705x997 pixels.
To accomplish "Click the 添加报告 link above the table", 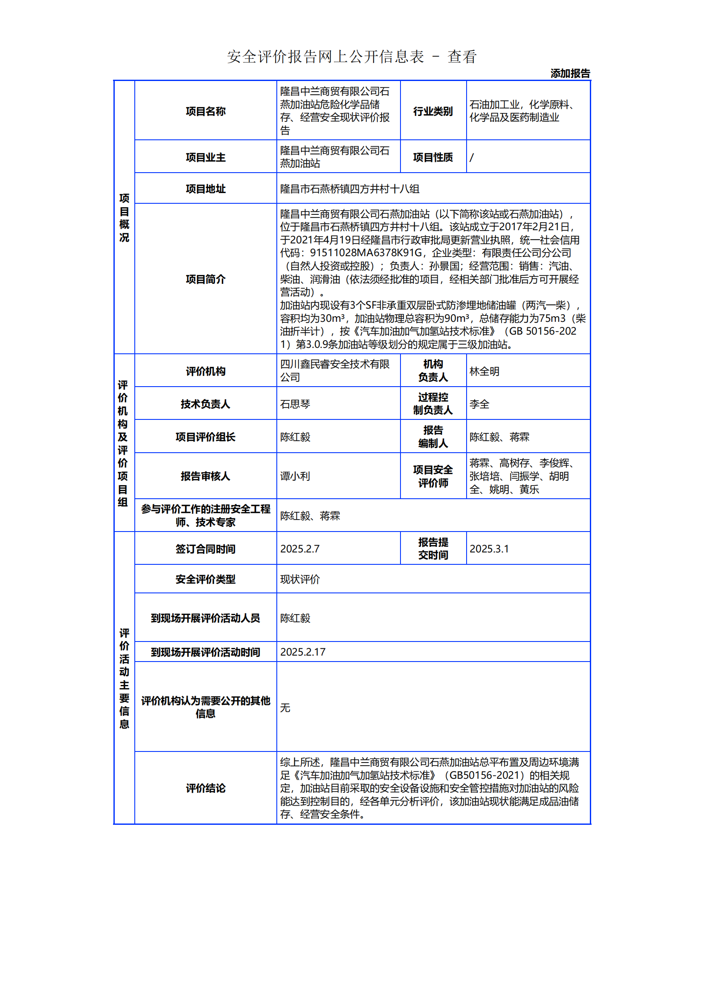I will pos(570,73).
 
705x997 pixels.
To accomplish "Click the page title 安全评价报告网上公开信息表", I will pos(325,56).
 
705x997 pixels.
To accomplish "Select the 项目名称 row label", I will pos(206,111).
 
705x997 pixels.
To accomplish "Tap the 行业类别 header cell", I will pos(432,111).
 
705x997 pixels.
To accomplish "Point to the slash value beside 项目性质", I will pos(472,157).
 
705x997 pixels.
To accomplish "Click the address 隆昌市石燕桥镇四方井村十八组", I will pos(350,189).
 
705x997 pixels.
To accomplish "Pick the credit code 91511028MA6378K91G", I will pos(366,253).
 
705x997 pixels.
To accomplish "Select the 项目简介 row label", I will pos(206,279).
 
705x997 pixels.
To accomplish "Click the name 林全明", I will pos(485,371).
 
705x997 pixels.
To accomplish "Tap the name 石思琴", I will pos(295,404).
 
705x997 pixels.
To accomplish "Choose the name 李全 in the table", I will pos(479,404).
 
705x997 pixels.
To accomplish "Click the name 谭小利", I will pos(295,476).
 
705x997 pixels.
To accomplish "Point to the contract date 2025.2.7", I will pos(300,549).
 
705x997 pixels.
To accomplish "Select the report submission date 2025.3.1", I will pos(489,549).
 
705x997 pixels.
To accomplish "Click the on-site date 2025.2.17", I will pos(303,652).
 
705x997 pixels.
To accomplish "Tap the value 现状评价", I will pos(300,579).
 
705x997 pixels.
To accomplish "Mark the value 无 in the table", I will pos(285,708).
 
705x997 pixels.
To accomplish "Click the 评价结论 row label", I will pos(206,788).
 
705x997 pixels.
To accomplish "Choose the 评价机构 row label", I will pos(206,371).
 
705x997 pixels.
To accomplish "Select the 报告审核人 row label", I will pos(206,476).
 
